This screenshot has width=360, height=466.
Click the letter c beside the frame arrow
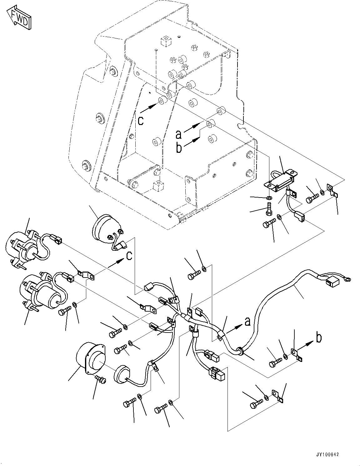(x=141, y=120)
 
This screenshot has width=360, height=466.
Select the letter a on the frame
(x=178, y=134)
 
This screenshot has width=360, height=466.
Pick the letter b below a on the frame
(x=179, y=148)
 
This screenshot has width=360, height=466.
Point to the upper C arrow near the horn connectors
(x=129, y=256)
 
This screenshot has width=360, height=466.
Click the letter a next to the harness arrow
(x=247, y=321)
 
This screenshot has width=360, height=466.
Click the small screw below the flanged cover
(x=101, y=379)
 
